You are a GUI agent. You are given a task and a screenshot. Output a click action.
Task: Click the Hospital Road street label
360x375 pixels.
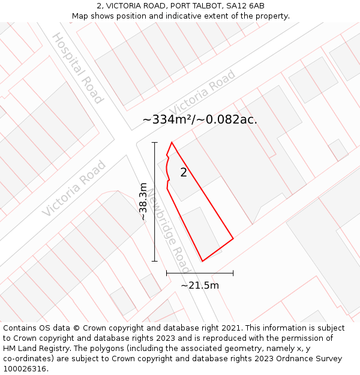pos(77,68)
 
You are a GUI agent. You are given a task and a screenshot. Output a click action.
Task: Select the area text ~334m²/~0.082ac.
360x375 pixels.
pos(200,119)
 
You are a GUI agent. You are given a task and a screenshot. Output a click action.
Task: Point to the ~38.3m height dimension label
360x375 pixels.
pos(143,202)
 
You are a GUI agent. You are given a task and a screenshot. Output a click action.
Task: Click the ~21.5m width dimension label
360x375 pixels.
pos(200,285)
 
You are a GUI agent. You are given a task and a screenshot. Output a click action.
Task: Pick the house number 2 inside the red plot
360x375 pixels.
pos(184,173)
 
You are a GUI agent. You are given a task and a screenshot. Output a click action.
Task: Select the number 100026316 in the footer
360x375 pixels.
pos(26,369)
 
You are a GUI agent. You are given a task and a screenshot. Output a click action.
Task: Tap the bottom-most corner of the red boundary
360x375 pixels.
pos(202,261)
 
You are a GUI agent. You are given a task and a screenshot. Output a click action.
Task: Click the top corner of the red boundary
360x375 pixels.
pos(172,142)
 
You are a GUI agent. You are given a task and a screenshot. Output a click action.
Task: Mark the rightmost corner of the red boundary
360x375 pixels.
pos(233,239)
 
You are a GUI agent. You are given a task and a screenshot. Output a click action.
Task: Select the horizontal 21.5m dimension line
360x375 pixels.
pos(200,274)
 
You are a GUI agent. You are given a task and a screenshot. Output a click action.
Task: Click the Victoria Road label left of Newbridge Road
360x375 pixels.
pos(74,188)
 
